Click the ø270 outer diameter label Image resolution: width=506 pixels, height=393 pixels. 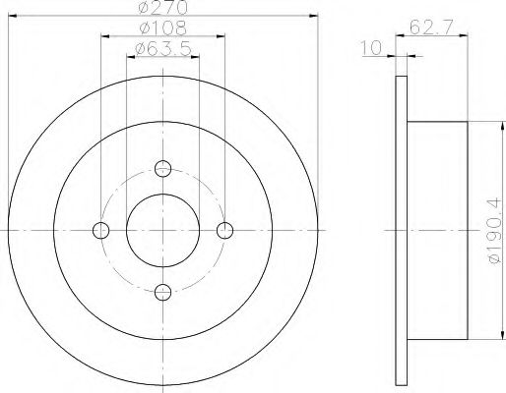click(x=163, y=7)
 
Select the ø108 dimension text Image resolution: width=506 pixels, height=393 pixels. click(x=163, y=28)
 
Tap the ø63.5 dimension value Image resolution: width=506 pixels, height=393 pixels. click(x=161, y=49)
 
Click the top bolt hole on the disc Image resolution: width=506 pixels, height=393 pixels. click(x=163, y=168)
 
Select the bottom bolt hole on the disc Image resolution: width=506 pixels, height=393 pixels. click(x=163, y=291)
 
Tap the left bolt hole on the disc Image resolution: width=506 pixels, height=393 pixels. click(x=100, y=230)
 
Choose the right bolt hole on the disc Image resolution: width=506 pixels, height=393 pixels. click(x=225, y=230)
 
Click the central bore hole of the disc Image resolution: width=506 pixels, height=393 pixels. click(x=163, y=230)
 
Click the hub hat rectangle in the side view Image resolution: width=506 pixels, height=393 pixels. click(x=436, y=230)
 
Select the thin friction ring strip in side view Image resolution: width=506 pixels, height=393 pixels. click(x=401, y=230)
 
